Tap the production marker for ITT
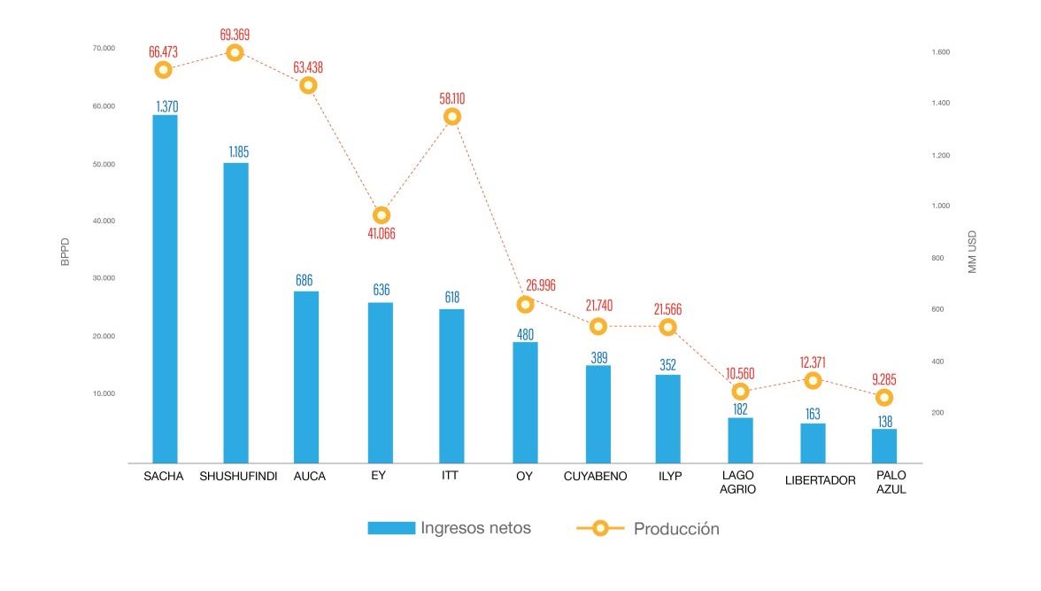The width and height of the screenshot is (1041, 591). [x=452, y=117]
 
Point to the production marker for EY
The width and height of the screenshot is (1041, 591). [x=382, y=215]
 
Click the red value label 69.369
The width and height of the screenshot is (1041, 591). [x=235, y=35]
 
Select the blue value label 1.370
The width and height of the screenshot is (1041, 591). [x=165, y=106]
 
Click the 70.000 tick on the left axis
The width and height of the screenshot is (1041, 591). [x=104, y=48]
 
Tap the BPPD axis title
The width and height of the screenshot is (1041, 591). [x=65, y=251]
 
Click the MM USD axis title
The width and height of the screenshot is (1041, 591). [x=972, y=252]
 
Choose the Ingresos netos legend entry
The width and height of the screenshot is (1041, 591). [x=450, y=528]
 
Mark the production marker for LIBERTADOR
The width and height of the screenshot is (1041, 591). [x=813, y=381]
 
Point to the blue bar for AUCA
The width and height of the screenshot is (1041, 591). [x=307, y=377]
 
